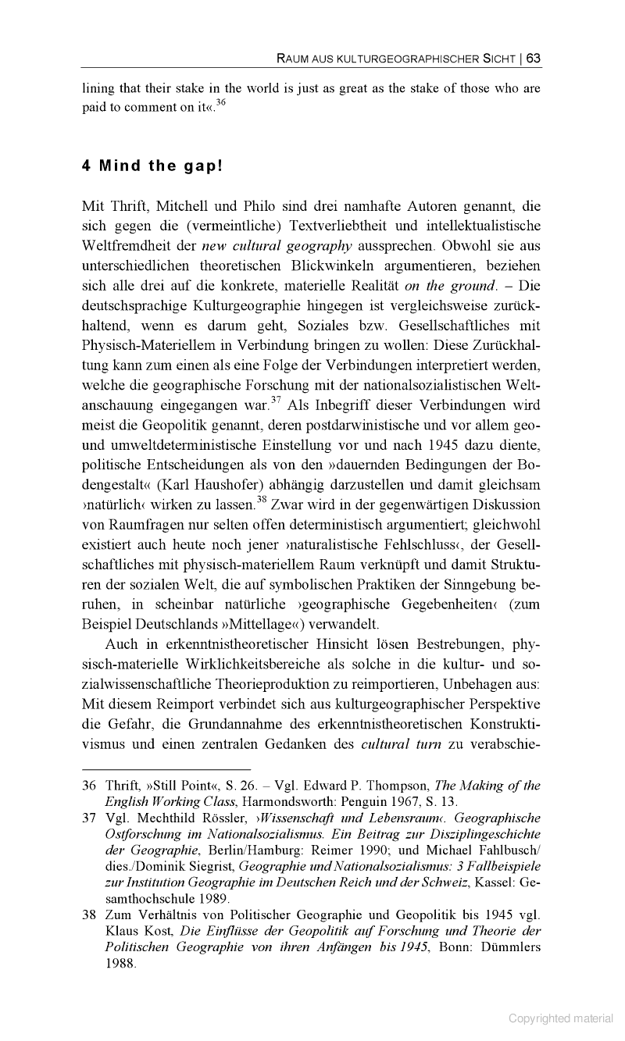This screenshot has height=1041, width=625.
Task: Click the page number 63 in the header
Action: point(534,58)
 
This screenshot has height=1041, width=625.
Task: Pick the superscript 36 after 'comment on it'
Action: point(222,103)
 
